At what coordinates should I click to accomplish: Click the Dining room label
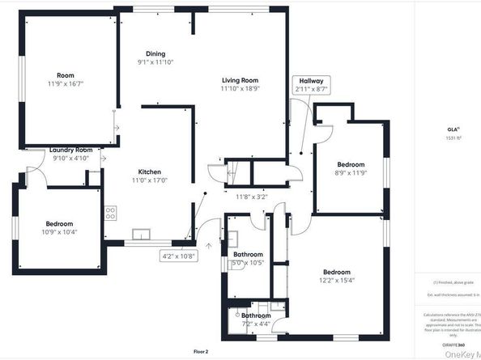tap(155, 53)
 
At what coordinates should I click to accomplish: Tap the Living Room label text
tap(240, 80)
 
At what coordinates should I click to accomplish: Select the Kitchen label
tap(150, 172)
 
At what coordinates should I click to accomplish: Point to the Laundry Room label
tap(71, 150)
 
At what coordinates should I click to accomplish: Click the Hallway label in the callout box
tap(312, 81)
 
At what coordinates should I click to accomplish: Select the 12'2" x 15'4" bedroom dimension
tap(336, 281)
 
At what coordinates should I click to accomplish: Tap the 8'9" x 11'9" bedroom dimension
tap(351, 172)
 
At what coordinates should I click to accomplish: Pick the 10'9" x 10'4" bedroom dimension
tap(59, 232)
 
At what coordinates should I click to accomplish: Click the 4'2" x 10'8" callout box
tap(179, 256)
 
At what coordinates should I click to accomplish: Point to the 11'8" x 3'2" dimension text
tap(251, 197)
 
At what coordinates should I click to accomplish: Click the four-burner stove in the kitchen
tap(110, 214)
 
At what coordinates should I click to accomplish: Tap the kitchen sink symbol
tap(142, 235)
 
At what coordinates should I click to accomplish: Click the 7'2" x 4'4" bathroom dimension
tap(255, 324)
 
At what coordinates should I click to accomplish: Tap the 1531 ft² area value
tap(453, 138)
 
